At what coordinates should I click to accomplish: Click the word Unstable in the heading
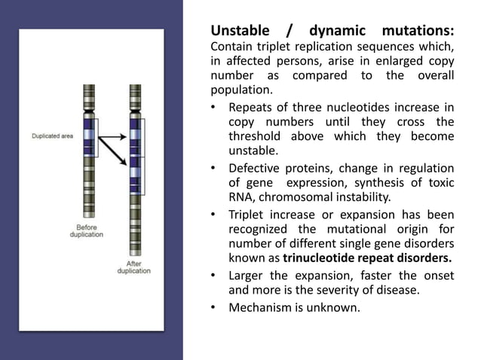click(238, 32)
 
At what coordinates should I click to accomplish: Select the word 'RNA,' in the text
click(242, 199)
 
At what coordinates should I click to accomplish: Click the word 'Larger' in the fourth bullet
click(247, 276)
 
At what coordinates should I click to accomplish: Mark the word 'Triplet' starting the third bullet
click(247, 214)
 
